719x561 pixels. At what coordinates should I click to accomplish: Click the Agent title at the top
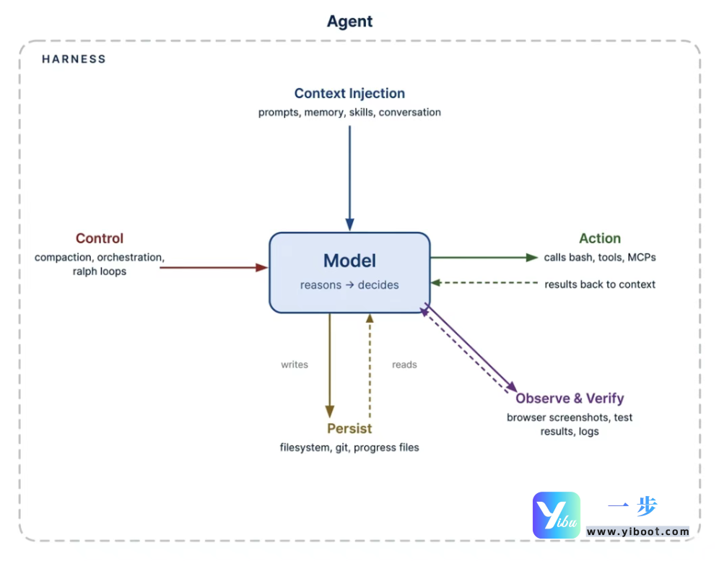coord(349,22)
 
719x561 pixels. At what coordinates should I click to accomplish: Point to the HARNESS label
coord(74,59)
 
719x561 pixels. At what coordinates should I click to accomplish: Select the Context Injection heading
coord(349,93)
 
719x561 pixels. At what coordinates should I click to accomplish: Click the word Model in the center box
coord(349,261)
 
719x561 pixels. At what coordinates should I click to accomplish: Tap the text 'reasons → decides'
coord(349,285)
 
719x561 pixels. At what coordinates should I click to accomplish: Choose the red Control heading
coord(100,238)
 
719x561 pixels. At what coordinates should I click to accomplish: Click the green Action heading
coord(600,238)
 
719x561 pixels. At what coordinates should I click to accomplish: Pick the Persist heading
coord(349,428)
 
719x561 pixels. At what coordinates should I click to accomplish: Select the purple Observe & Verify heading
coord(570,399)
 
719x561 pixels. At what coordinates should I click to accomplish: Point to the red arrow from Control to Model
coord(213,267)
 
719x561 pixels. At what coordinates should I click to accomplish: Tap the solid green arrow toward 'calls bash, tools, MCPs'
coord(484,257)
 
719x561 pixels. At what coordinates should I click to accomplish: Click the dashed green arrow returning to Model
coord(484,282)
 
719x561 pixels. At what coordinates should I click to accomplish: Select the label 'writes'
coord(295,365)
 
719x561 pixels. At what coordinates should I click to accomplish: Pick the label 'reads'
coord(404,365)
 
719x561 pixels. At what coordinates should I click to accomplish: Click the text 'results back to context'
coord(600,284)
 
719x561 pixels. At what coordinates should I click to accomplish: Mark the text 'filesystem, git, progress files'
coord(349,448)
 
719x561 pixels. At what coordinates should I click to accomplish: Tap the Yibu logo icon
coord(556,515)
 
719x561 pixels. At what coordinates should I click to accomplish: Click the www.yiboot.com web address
coord(638,532)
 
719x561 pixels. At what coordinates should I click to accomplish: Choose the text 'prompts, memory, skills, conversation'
coord(349,113)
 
